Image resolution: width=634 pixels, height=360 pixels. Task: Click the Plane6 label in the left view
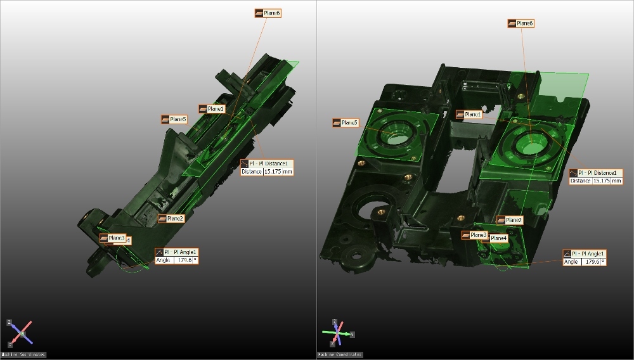coord(268,13)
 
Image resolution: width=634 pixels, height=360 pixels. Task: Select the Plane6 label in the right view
coord(522,23)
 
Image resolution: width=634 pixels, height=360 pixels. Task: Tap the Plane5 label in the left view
coord(174,119)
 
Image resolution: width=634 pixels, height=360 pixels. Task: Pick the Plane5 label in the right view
coord(346,122)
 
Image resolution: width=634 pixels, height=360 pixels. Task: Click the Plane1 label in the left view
coord(212,109)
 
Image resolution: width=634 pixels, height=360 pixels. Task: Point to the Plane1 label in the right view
coord(470,115)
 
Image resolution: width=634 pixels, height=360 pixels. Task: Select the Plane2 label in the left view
coord(172,219)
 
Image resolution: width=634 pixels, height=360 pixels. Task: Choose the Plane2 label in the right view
coord(510,221)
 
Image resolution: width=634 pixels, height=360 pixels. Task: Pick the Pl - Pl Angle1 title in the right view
coord(589,254)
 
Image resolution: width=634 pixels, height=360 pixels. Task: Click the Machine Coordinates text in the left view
coord(23,355)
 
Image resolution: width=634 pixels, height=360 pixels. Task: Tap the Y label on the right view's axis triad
coord(353,333)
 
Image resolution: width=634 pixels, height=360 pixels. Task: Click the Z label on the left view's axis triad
coord(9,323)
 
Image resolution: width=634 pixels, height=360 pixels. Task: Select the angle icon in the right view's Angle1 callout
coord(567,254)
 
